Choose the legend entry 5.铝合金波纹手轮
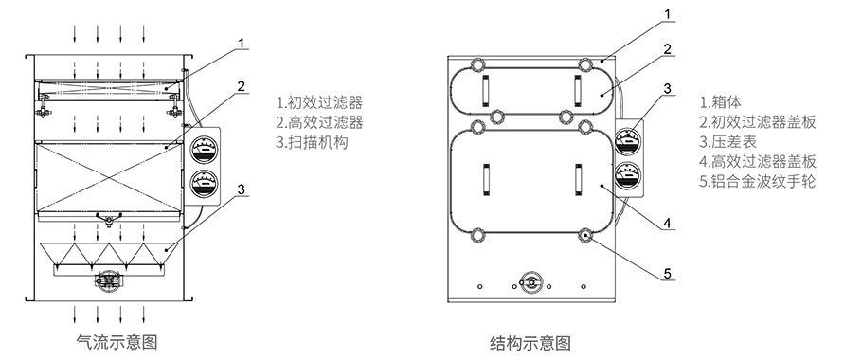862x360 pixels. point(756,181)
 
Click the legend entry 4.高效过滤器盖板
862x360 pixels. point(757,162)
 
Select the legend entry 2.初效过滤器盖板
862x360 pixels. point(757,122)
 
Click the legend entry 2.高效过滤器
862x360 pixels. point(319,122)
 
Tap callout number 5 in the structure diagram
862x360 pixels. point(667,274)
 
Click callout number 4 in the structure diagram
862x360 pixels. point(667,225)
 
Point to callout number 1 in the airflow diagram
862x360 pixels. point(242,43)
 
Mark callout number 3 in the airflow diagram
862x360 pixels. point(242,189)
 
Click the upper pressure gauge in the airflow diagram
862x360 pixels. point(201,149)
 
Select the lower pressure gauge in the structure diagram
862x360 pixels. point(625,176)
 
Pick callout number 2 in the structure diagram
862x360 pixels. point(667,49)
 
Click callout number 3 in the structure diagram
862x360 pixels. point(667,88)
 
